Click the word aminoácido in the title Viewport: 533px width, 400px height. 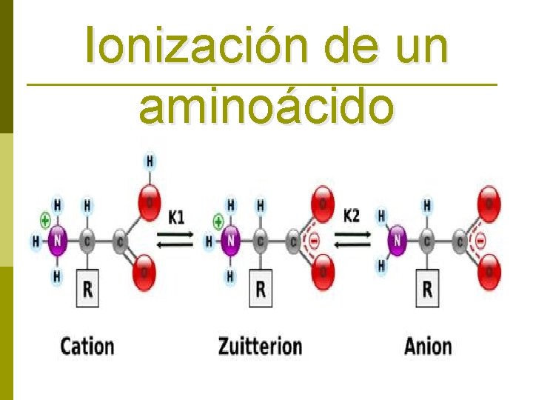tap(266, 107)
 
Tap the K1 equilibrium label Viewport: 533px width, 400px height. tap(175, 217)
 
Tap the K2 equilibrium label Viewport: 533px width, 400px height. tap(352, 216)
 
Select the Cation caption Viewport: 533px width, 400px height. tap(87, 346)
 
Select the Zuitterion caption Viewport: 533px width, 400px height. tap(260, 346)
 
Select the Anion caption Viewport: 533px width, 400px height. tap(427, 346)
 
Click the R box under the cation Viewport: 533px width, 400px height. tap(87, 289)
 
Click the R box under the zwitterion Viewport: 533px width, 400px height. tap(260, 288)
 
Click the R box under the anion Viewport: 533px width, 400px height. tap(427, 288)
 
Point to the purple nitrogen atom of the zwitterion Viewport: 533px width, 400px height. tap(231, 240)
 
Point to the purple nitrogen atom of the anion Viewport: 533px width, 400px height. tap(398, 240)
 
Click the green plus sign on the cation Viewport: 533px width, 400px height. tap(45, 219)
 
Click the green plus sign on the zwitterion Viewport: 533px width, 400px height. tap(218, 220)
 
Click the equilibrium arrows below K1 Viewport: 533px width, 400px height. tap(175, 236)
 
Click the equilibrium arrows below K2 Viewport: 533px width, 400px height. tap(352, 236)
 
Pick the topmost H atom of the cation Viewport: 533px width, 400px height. tap(150, 160)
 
